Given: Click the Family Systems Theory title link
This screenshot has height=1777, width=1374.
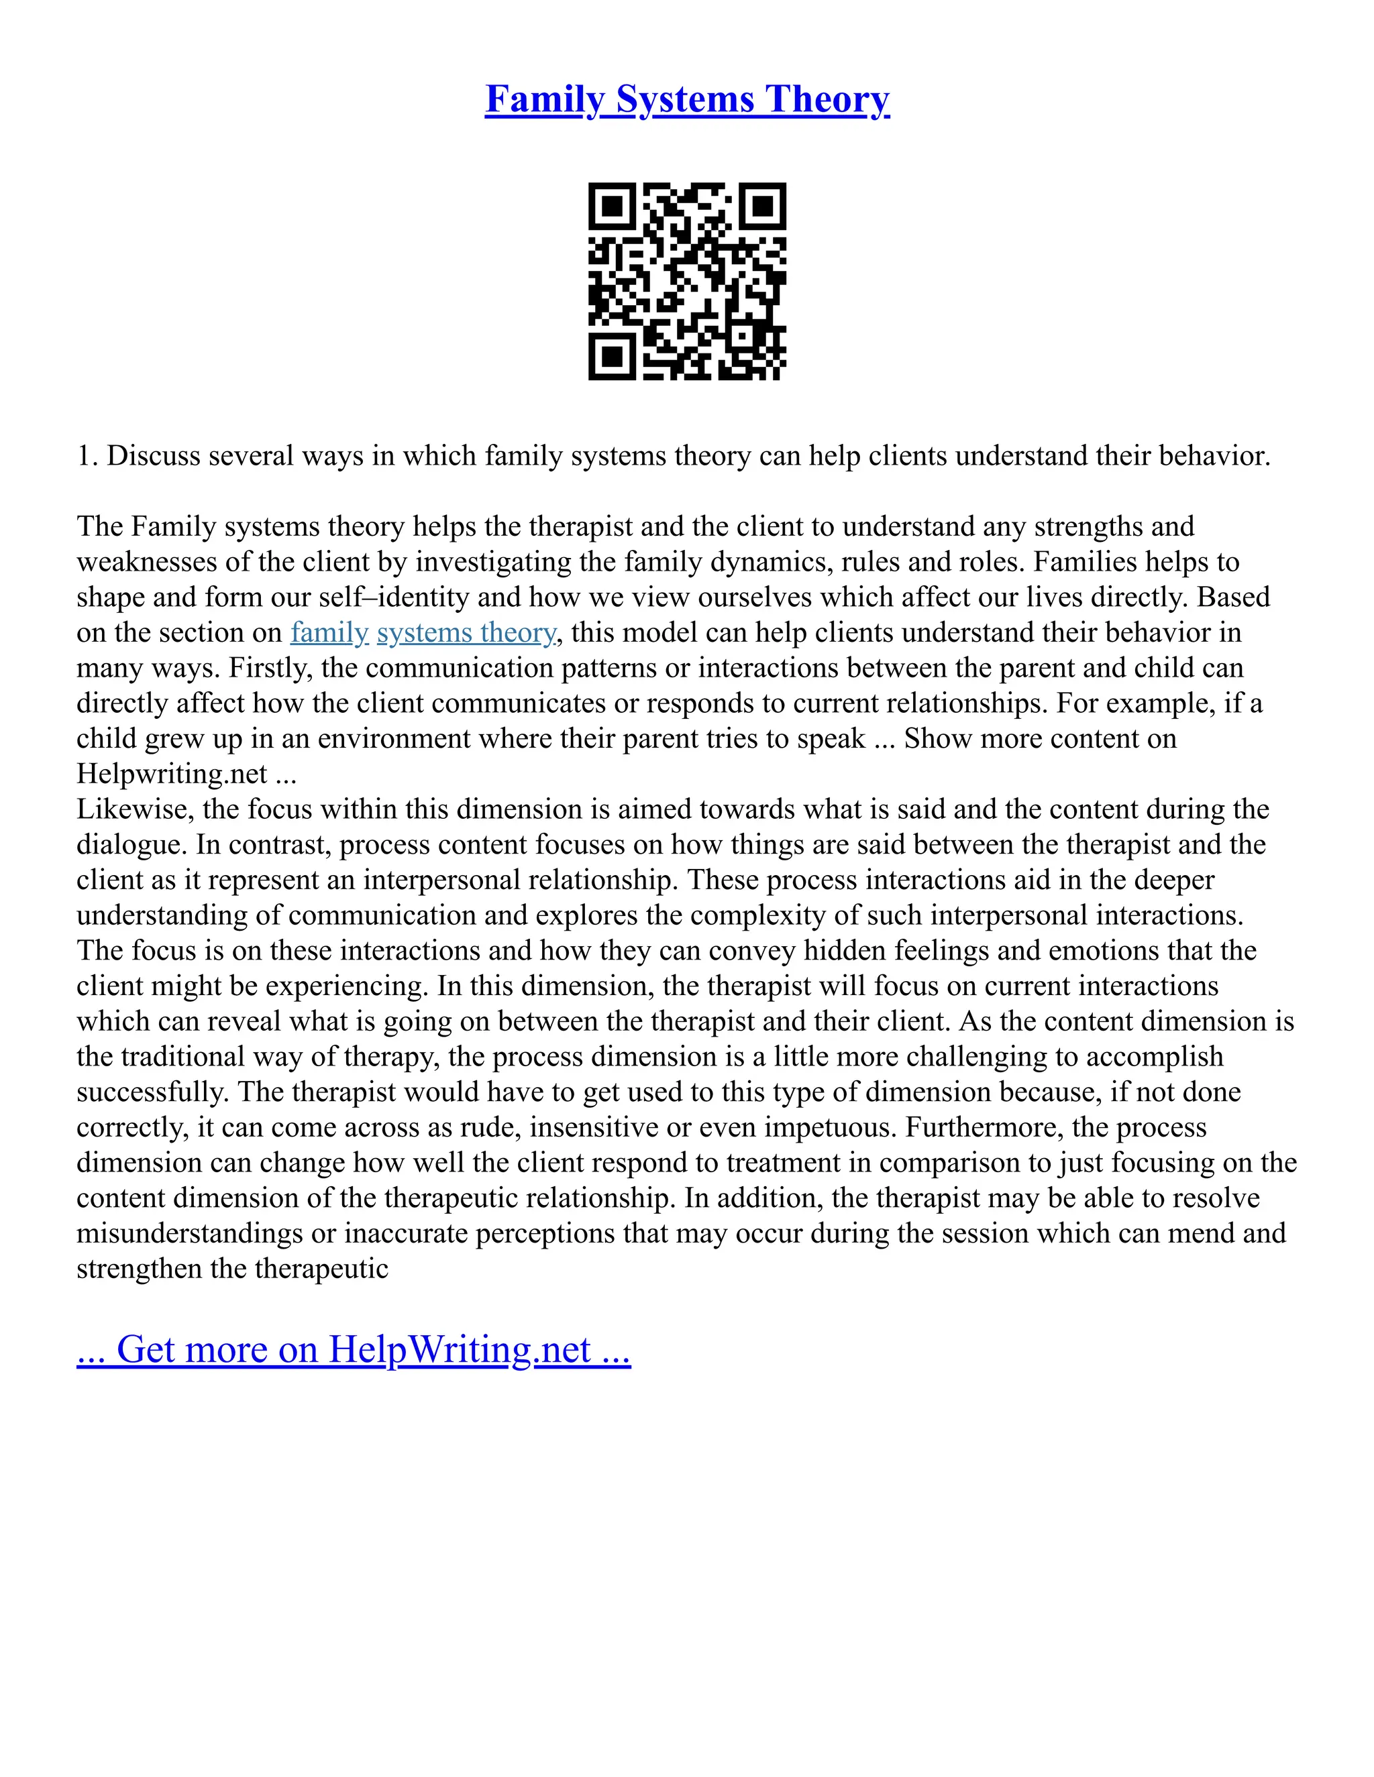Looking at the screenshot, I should [x=687, y=99].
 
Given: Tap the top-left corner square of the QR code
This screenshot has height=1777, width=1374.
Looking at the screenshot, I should [x=611, y=206].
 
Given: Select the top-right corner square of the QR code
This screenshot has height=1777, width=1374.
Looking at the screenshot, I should [x=763, y=206].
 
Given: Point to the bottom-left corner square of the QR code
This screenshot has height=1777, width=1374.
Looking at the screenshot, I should [x=611, y=356].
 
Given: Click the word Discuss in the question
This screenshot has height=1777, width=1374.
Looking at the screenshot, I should [x=153, y=455].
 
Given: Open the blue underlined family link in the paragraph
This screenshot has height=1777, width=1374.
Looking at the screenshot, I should [x=329, y=633].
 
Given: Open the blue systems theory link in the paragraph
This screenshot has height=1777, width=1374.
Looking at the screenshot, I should [x=466, y=633].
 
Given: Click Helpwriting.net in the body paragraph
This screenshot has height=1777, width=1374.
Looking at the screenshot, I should [x=172, y=774].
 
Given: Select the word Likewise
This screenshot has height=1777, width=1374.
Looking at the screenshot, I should [x=135, y=809].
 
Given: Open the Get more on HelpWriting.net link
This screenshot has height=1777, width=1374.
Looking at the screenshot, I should [x=354, y=1350].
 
